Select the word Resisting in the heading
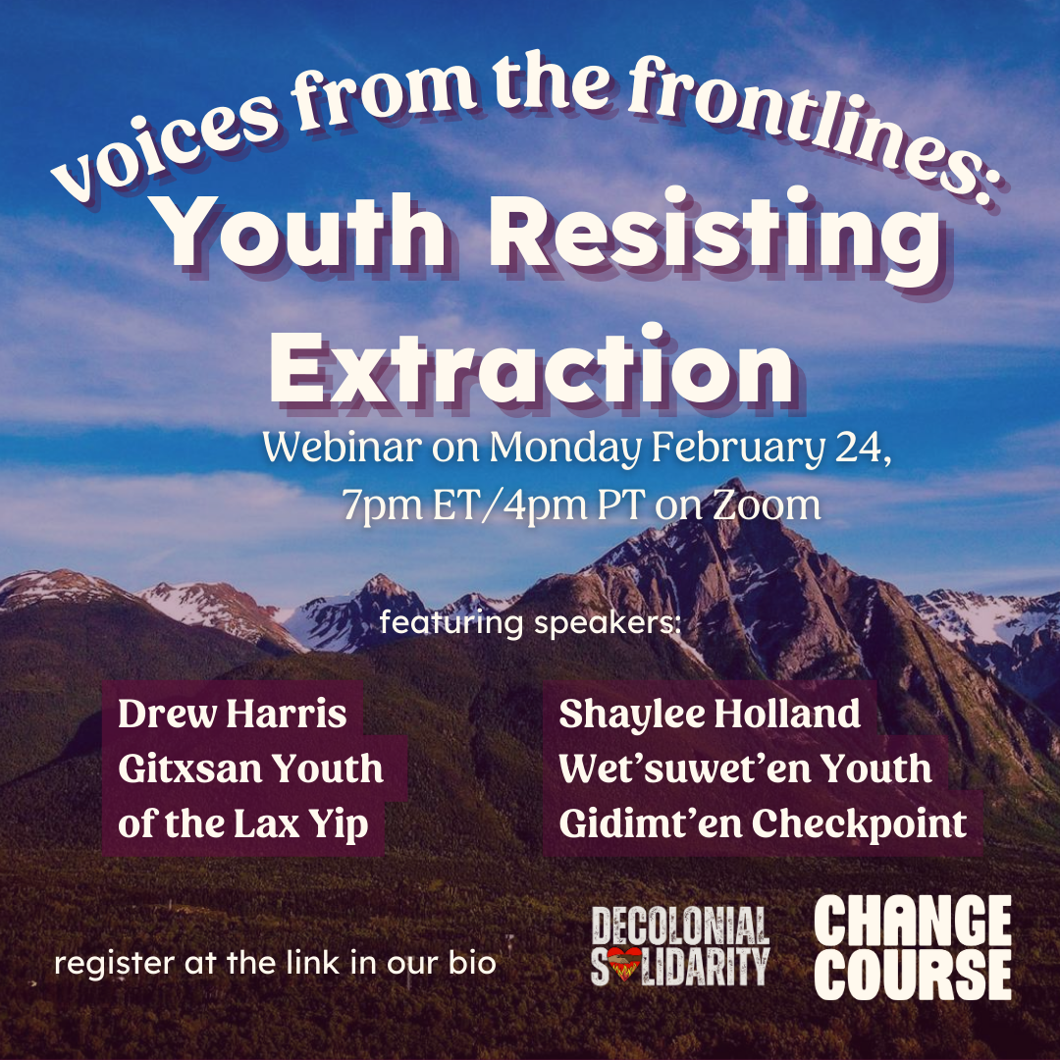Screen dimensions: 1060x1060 point(715,238)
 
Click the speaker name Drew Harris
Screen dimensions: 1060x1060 point(232,714)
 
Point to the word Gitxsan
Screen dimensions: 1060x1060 point(190,768)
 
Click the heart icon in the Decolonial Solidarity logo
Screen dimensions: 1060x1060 point(624,964)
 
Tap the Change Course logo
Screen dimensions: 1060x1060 point(913,947)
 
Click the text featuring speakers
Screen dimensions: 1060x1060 point(530,623)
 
